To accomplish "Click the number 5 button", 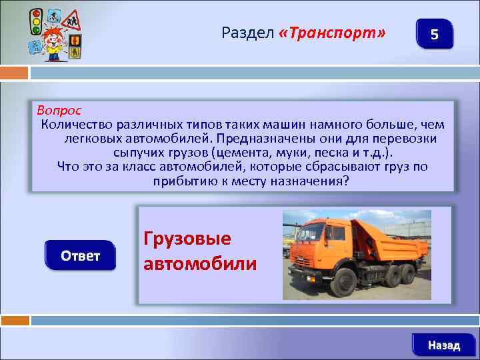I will point(434,34).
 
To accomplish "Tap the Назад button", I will point(443,345).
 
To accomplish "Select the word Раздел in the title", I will point(247,33).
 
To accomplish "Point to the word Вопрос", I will point(59,109).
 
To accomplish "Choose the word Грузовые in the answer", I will point(187,239).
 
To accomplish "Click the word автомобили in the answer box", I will point(200,263).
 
